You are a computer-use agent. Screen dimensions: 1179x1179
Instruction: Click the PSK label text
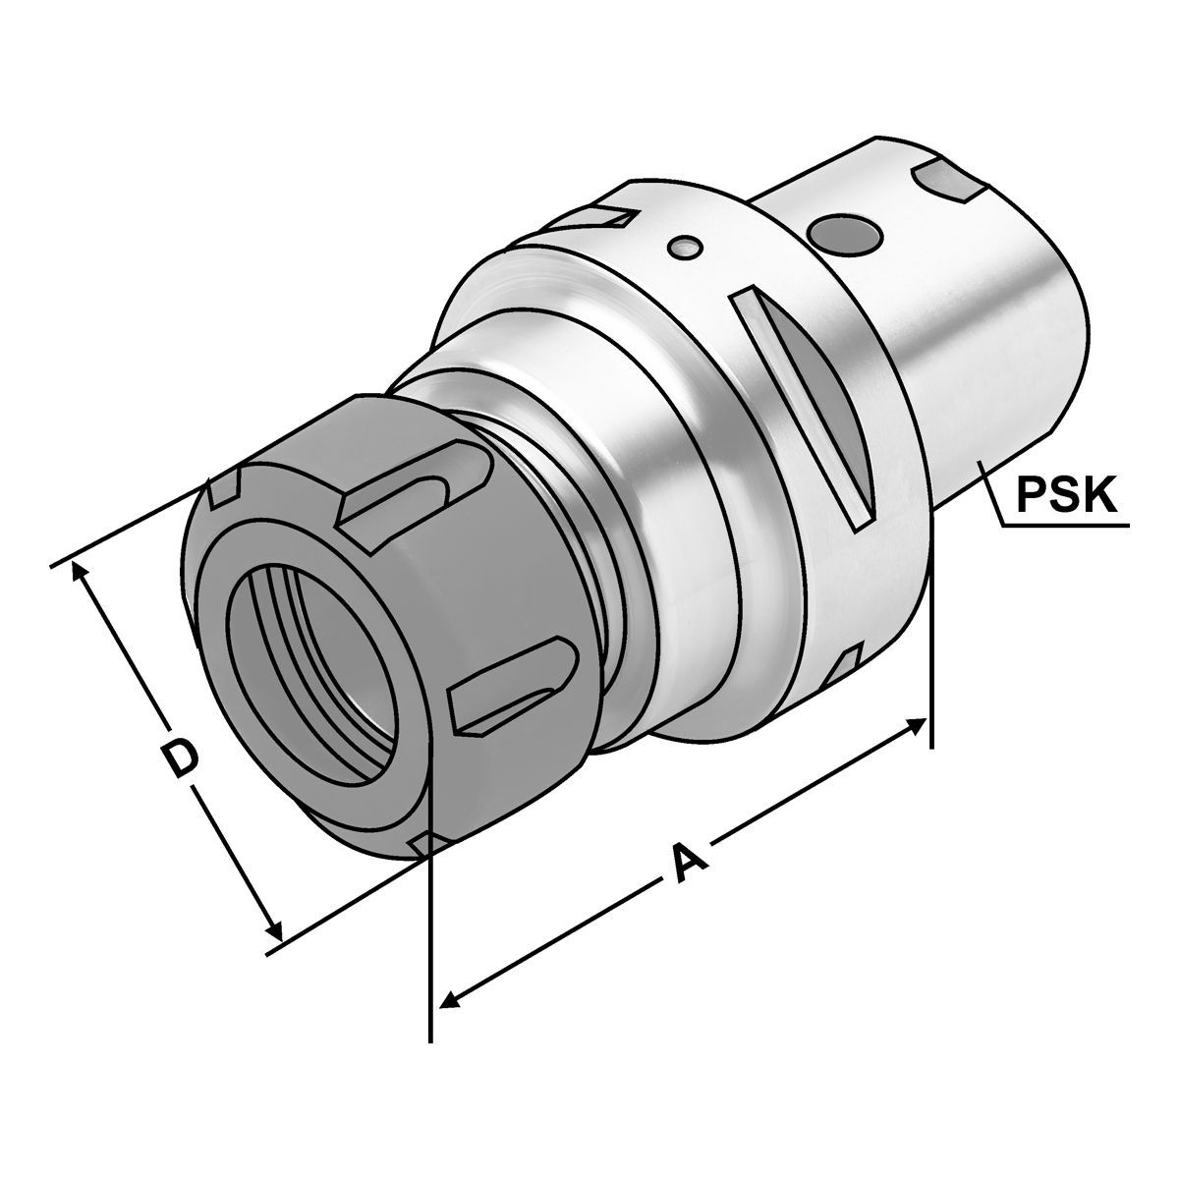1067,496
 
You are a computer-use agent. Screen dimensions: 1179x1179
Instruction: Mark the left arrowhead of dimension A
449,998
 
